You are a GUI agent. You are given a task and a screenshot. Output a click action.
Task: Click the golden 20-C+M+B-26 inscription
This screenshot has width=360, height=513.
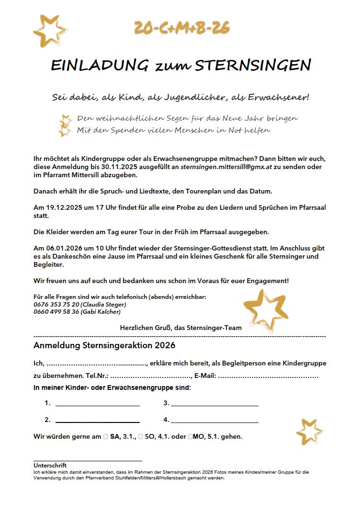[x=181, y=28]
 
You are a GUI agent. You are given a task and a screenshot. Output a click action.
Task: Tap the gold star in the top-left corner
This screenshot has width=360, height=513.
[x=49, y=30]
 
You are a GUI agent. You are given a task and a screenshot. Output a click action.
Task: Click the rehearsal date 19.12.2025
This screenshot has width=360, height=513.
[x=58, y=207]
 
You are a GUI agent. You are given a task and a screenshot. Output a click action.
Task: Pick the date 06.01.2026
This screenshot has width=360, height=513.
[x=58, y=248]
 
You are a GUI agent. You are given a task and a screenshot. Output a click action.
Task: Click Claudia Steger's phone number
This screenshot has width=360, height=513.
[x=56, y=305]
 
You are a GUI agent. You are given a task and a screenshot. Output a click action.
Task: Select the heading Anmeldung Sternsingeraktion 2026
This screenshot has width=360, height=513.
[x=104, y=345]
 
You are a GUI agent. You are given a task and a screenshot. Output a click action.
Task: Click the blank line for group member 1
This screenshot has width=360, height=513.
[x=97, y=404]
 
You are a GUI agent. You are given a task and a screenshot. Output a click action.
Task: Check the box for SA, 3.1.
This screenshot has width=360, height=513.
[x=105, y=437]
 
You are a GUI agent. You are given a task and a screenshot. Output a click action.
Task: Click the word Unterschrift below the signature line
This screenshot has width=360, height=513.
[x=50, y=465]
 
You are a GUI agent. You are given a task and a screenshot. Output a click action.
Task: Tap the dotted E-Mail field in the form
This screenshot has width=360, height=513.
[x=268, y=376]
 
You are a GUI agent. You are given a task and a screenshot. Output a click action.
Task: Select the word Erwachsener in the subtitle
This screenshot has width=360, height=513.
[x=278, y=98]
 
